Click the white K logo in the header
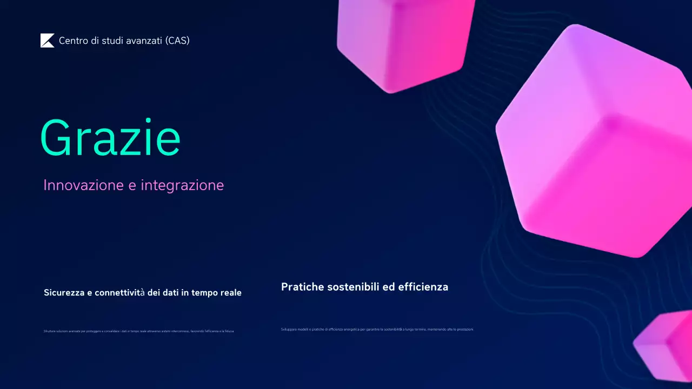pyautogui.click(x=47, y=41)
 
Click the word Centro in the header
pyautogui.click(x=73, y=41)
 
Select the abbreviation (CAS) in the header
pyautogui.click(x=178, y=41)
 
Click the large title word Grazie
pyautogui.click(x=110, y=138)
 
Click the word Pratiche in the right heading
pyautogui.click(x=302, y=287)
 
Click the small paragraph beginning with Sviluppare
pyautogui.click(x=377, y=329)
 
